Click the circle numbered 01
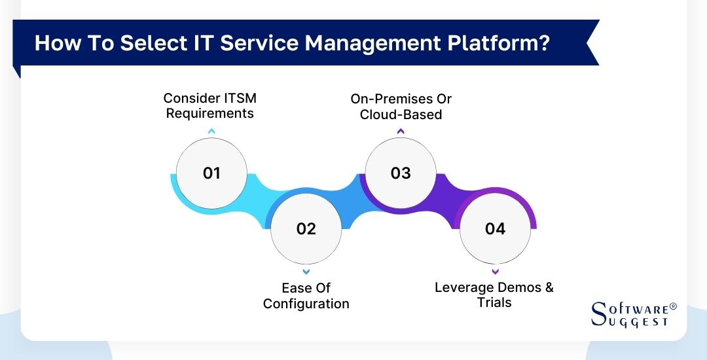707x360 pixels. click(x=211, y=173)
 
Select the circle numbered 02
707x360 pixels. click(x=306, y=228)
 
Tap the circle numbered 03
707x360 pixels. click(x=401, y=173)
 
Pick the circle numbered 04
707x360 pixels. click(x=495, y=228)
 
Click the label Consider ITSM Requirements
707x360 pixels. click(x=209, y=105)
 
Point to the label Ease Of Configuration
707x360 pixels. click(x=306, y=296)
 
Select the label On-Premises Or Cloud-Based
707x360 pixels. click(x=401, y=107)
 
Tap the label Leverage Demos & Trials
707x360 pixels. click(x=494, y=295)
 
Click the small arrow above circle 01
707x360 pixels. click(x=211, y=132)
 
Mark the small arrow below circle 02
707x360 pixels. click(x=306, y=271)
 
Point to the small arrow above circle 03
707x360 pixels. click(x=401, y=132)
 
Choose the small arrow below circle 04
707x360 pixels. click(x=495, y=271)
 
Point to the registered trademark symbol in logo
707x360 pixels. click(x=672, y=306)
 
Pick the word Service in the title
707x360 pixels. click(x=257, y=43)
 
